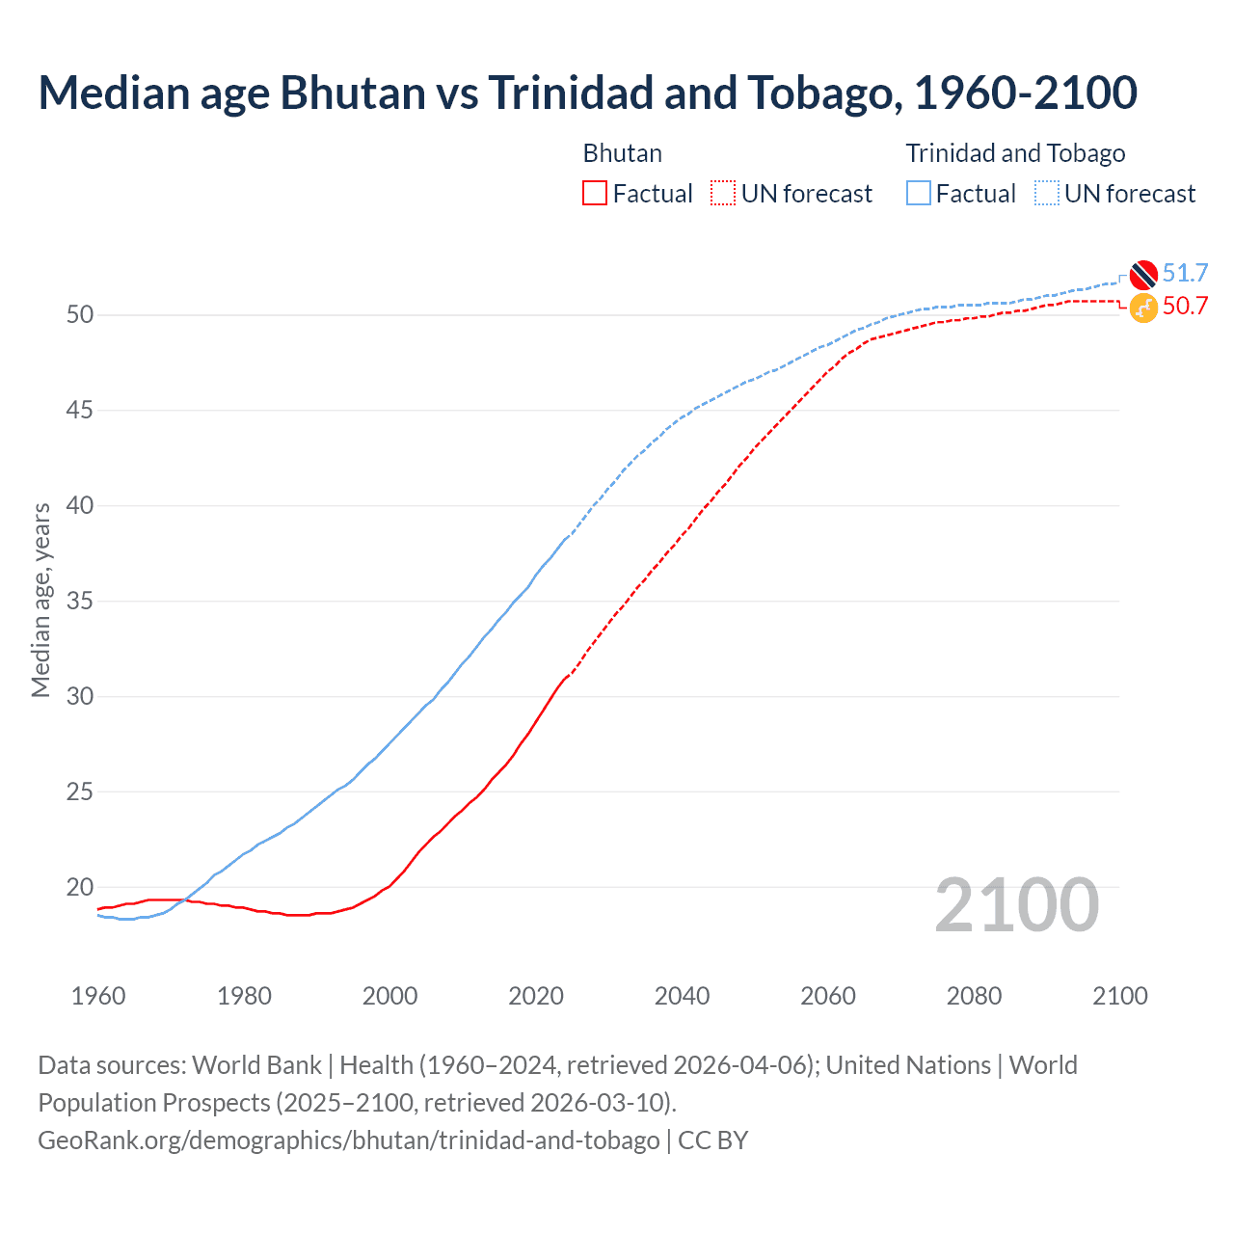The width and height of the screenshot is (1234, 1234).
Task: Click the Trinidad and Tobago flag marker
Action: (x=1143, y=275)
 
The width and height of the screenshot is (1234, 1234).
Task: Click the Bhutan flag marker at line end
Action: (x=1143, y=308)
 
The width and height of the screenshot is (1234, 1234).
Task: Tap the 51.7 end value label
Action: (x=1185, y=274)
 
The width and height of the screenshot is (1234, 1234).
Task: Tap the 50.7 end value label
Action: (x=1185, y=307)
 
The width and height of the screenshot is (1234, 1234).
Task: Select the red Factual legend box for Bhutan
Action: (x=595, y=194)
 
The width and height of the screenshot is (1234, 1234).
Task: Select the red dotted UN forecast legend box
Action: (x=723, y=194)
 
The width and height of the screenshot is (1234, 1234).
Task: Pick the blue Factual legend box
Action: (x=919, y=194)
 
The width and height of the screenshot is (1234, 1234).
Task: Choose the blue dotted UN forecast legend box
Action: (x=1046, y=194)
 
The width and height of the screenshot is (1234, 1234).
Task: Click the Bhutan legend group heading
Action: (x=623, y=153)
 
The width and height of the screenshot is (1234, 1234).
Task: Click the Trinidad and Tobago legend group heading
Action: (x=1015, y=153)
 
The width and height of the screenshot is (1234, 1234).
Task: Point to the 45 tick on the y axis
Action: (x=81, y=411)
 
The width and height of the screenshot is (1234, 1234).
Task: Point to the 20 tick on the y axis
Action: (x=81, y=887)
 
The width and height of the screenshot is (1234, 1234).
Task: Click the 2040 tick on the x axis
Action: (x=682, y=996)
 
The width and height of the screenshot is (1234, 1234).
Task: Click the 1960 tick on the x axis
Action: (x=98, y=996)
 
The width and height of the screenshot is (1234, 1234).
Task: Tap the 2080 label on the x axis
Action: (x=974, y=996)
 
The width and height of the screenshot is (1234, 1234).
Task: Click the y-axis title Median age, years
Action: (x=40, y=600)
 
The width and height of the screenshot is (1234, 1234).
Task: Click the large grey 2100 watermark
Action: (x=1016, y=905)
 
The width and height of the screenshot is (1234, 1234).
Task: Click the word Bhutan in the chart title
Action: (x=353, y=93)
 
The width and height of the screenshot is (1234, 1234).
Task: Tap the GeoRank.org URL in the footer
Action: (x=348, y=1140)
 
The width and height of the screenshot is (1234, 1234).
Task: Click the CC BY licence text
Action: (x=713, y=1140)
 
